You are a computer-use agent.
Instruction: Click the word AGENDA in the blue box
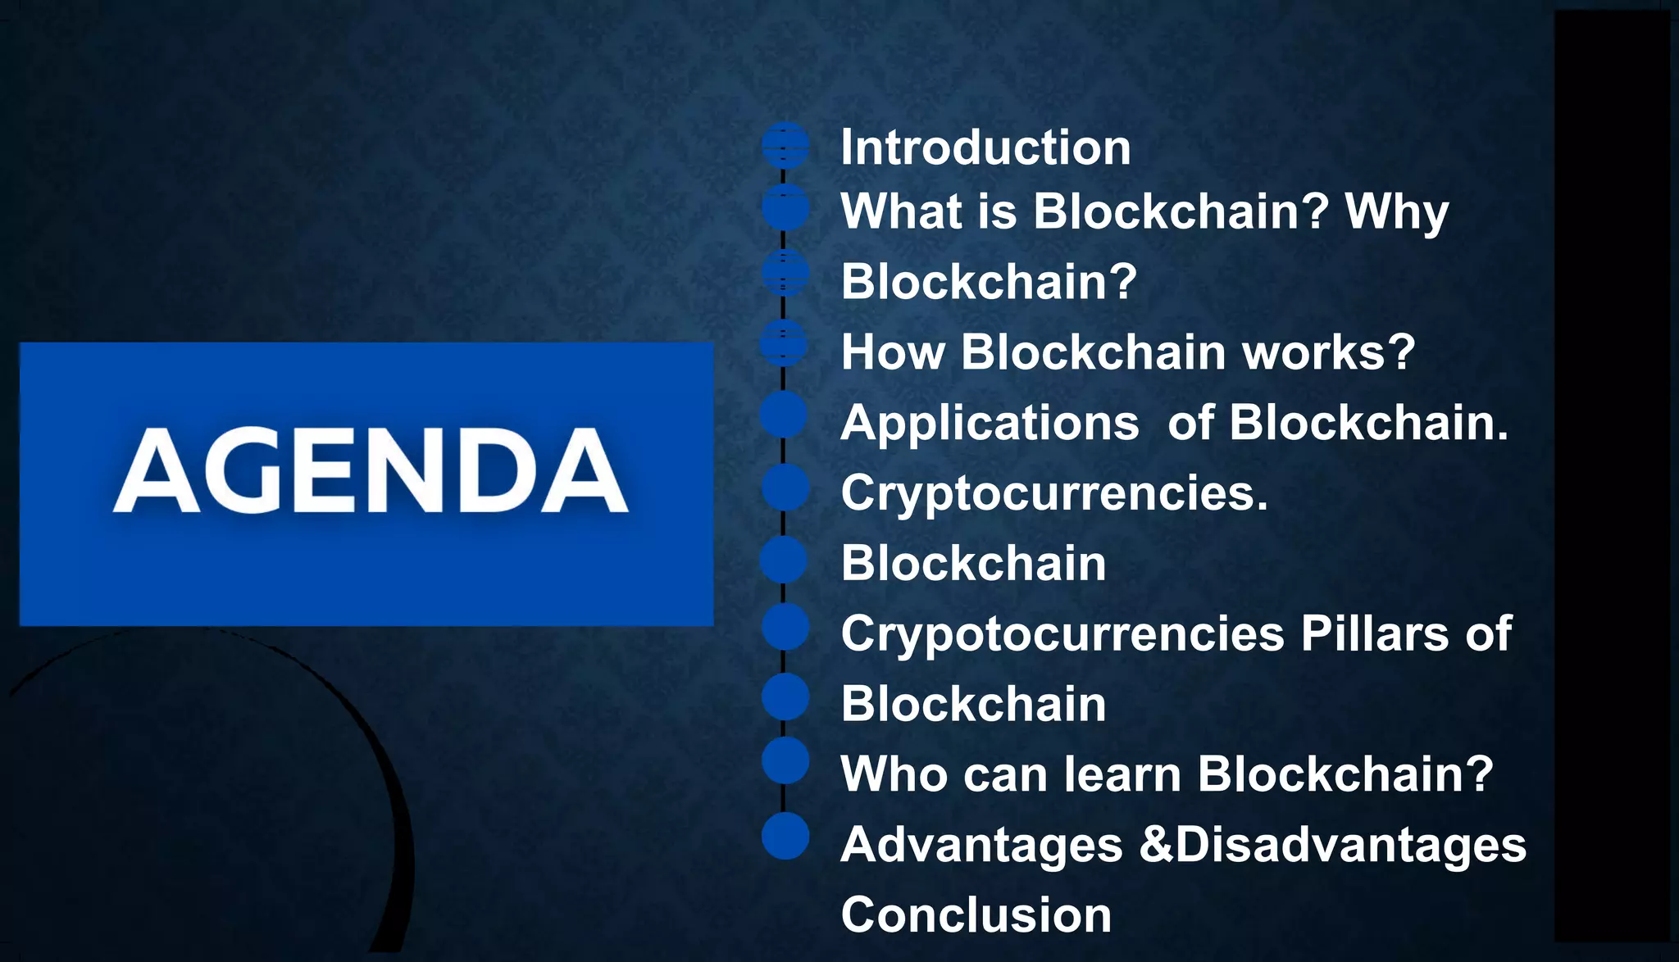point(371,471)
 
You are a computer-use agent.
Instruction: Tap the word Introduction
point(985,148)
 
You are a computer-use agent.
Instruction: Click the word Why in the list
point(1397,212)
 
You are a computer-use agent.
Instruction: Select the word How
point(893,352)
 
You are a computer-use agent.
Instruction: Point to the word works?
point(1328,352)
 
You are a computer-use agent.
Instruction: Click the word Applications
point(990,424)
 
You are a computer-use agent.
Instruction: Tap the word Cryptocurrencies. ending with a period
point(1054,494)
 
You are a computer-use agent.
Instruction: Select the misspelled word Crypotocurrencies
point(1062,635)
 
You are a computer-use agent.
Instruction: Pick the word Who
point(894,774)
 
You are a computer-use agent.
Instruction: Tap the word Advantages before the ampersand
point(981,845)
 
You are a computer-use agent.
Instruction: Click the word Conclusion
point(976,915)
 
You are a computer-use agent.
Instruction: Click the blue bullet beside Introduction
point(785,146)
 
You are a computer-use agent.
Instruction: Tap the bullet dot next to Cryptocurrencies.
point(785,488)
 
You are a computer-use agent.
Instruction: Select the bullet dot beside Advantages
point(785,837)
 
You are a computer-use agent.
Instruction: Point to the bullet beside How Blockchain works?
point(785,343)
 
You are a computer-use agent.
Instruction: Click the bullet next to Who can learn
point(785,760)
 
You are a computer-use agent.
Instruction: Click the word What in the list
point(901,212)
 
